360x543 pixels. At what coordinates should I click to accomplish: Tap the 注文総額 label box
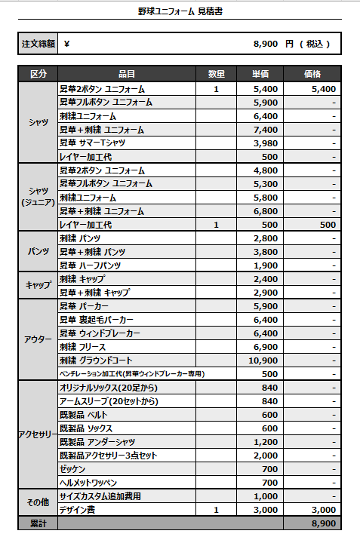click(x=38, y=44)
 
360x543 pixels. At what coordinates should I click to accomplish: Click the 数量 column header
click(x=217, y=74)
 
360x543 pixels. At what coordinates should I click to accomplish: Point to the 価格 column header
click(x=312, y=74)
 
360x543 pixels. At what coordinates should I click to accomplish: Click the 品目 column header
click(x=127, y=74)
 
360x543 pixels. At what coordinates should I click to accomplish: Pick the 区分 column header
click(x=38, y=74)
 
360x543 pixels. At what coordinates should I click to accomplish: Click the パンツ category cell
click(x=38, y=252)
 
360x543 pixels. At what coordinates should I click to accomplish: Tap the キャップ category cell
click(x=38, y=286)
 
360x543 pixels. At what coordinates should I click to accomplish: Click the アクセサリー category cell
click(x=38, y=435)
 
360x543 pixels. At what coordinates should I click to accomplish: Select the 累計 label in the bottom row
click(x=38, y=523)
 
